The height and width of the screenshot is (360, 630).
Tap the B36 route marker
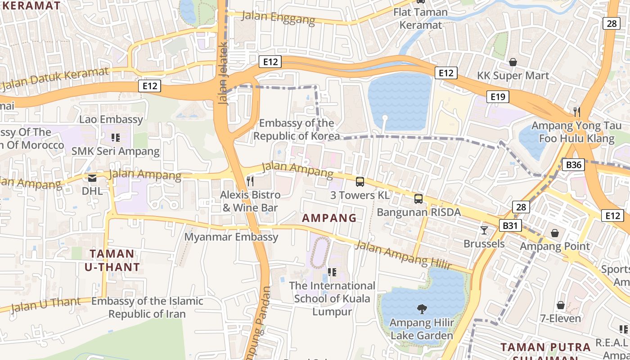(x=573, y=165)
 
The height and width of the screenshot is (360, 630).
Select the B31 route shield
(x=510, y=225)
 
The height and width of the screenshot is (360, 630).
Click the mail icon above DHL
(x=92, y=178)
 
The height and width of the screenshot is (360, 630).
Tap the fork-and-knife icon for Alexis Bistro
(x=250, y=181)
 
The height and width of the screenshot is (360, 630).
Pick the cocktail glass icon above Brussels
(x=484, y=230)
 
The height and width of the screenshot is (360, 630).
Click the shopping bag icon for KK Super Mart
(x=513, y=62)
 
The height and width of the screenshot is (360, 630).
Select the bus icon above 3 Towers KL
(x=360, y=181)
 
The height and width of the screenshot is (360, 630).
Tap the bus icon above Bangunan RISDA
(x=418, y=198)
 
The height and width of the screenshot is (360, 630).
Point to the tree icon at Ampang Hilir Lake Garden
(x=422, y=309)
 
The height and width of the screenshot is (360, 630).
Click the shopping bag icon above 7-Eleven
(x=560, y=305)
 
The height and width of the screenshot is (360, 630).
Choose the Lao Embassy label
(x=111, y=119)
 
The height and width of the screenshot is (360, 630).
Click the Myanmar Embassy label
(x=231, y=237)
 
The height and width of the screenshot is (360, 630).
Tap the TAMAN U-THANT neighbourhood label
(x=112, y=260)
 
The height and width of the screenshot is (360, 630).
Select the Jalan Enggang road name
(x=278, y=18)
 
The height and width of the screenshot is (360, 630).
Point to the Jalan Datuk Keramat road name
(x=55, y=79)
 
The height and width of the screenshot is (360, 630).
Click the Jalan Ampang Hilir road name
(x=402, y=255)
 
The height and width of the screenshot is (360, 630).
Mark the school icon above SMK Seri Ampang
(x=116, y=137)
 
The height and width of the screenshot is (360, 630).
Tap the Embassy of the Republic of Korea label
(x=296, y=130)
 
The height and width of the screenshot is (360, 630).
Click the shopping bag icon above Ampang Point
(x=554, y=233)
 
